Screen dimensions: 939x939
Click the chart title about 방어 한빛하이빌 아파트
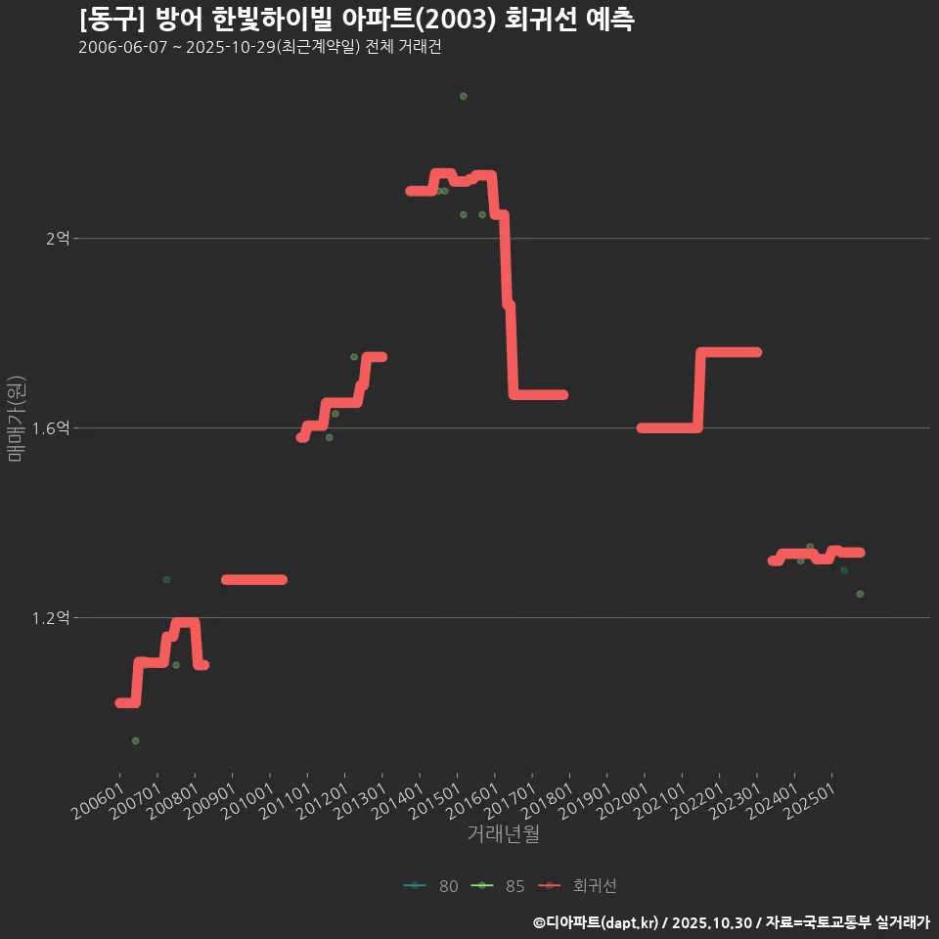tap(356, 19)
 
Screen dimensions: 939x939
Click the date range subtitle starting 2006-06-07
tap(260, 48)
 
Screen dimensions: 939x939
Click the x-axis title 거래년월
tap(503, 834)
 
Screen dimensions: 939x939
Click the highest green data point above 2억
tap(464, 96)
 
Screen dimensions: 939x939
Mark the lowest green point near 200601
tap(136, 740)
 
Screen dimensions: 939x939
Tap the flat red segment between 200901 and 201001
tap(253, 580)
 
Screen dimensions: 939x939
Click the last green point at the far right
tap(860, 594)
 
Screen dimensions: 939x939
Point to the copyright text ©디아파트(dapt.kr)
tap(597, 922)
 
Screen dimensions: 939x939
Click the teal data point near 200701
tap(166, 580)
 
